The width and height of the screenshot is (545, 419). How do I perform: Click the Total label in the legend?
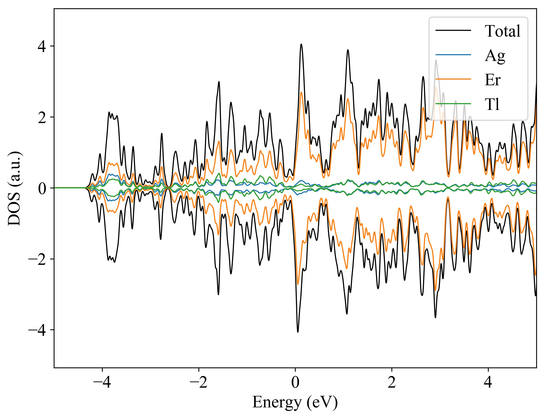(502, 31)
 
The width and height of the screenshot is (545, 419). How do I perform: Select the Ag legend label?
(495, 55)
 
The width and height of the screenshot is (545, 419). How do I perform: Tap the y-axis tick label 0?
(42, 188)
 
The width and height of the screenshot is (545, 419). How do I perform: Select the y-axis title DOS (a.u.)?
(15, 188)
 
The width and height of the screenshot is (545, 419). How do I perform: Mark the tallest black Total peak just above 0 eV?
(301, 44)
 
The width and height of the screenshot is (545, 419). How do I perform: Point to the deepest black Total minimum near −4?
(298, 332)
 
